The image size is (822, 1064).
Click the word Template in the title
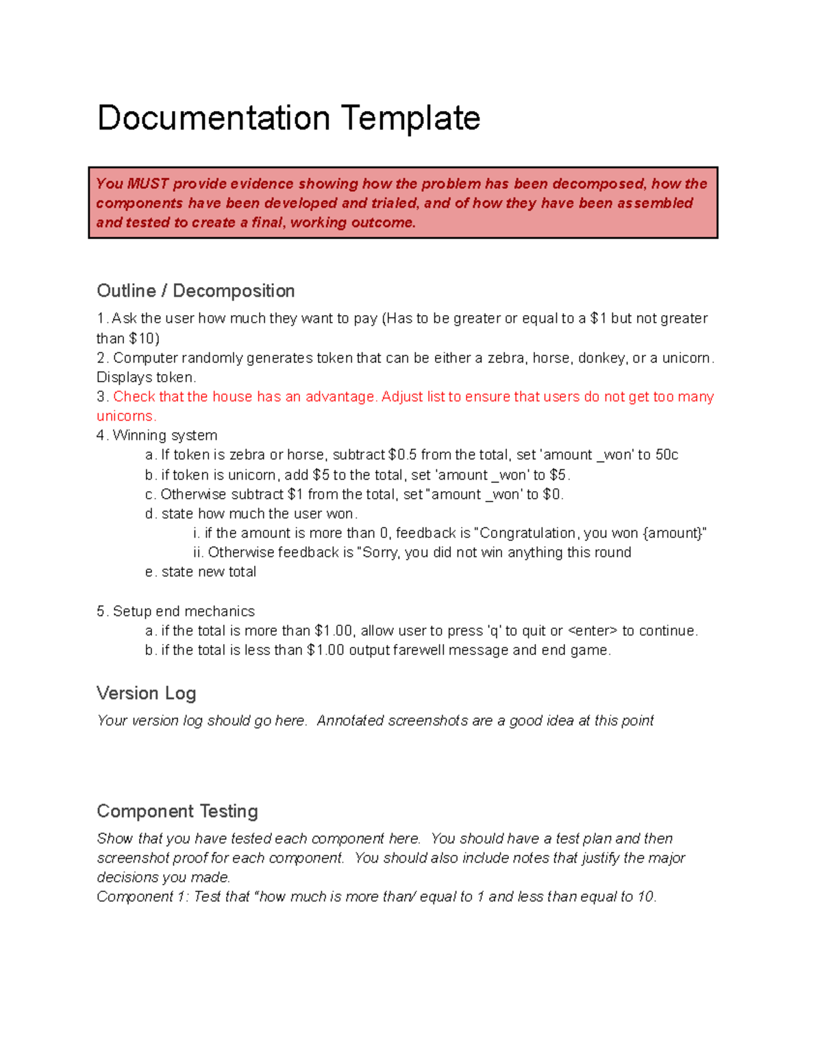[410, 119]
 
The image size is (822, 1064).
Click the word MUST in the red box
[147, 184]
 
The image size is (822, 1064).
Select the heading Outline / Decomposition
[196, 291]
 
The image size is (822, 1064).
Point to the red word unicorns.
[126, 417]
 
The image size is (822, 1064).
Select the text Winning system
[164, 436]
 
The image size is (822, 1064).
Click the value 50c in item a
[667, 455]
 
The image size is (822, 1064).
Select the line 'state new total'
[208, 572]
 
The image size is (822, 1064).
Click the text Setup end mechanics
[184, 611]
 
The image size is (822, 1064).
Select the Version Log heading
[147, 693]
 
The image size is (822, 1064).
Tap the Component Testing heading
[177, 811]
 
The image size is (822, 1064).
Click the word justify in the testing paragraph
[601, 858]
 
